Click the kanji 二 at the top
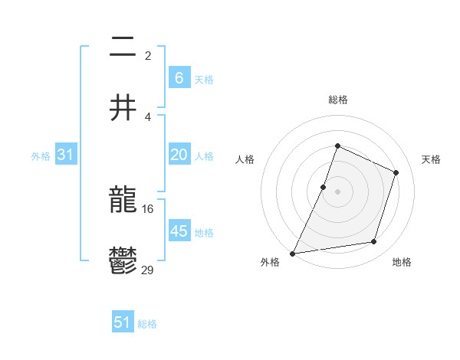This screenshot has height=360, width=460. (123, 47)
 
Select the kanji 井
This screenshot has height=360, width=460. (123, 108)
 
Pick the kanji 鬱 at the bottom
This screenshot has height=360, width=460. (123, 262)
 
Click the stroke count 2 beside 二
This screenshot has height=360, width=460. (148, 55)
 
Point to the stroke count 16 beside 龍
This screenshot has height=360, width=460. (148, 208)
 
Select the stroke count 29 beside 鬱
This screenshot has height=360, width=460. (148, 270)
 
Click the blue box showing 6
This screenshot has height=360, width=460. (179, 78)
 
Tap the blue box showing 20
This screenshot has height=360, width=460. (179, 155)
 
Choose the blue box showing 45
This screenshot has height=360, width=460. (179, 231)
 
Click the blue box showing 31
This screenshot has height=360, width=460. (65, 155)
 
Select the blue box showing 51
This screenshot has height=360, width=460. (123, 322)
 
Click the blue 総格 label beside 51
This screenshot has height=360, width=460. (147, 324)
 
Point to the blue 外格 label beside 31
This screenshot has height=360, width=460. (41, 156)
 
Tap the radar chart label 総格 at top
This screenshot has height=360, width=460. (337, 100)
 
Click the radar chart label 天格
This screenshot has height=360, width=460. (431, 159)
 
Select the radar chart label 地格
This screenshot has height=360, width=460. (402, 262)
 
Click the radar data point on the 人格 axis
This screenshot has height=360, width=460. (324, 187)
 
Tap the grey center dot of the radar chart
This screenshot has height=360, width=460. (337, 191)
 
